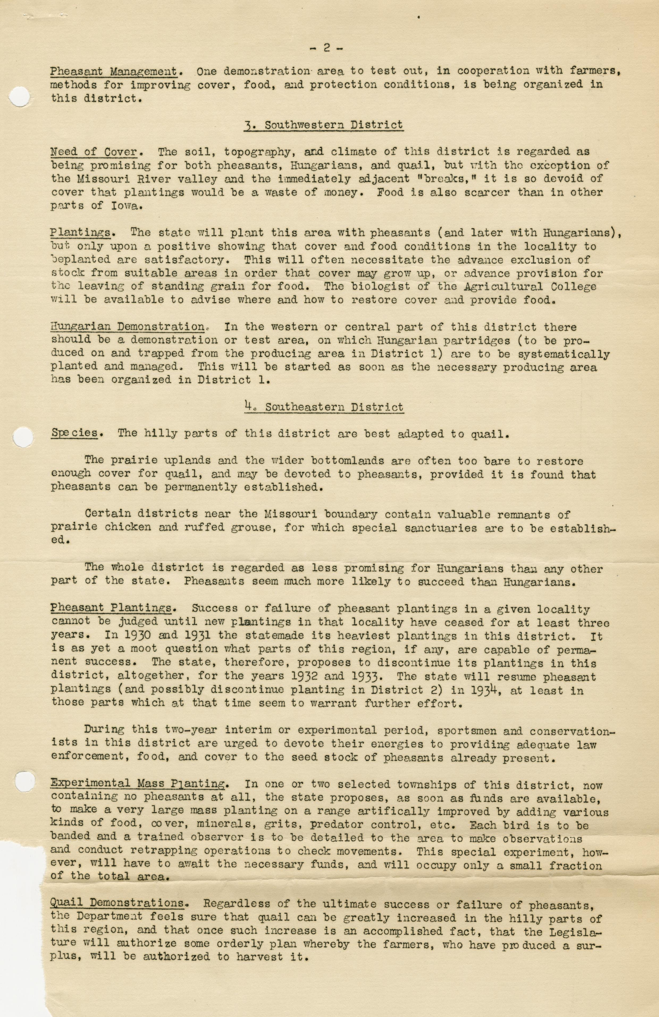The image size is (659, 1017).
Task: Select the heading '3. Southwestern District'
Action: coord(324,125)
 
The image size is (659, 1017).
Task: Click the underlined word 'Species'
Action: coord(74,433)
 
